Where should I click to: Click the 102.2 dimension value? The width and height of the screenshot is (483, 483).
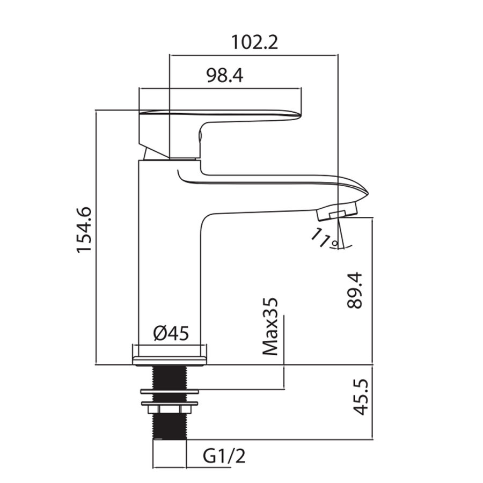(254, 42)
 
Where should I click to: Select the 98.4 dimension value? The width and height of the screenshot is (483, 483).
(224, 75)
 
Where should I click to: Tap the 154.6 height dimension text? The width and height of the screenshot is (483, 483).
(84, 230)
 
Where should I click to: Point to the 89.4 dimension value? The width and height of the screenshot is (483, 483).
(355, 290)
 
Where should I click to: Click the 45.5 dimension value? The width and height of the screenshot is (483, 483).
(361, 397)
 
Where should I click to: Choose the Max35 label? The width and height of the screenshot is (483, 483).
(270, 326)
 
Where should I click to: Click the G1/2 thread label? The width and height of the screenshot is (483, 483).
(224, 456)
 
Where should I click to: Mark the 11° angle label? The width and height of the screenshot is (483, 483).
(324, 238)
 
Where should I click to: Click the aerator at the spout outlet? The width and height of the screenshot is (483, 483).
(338, 211)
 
